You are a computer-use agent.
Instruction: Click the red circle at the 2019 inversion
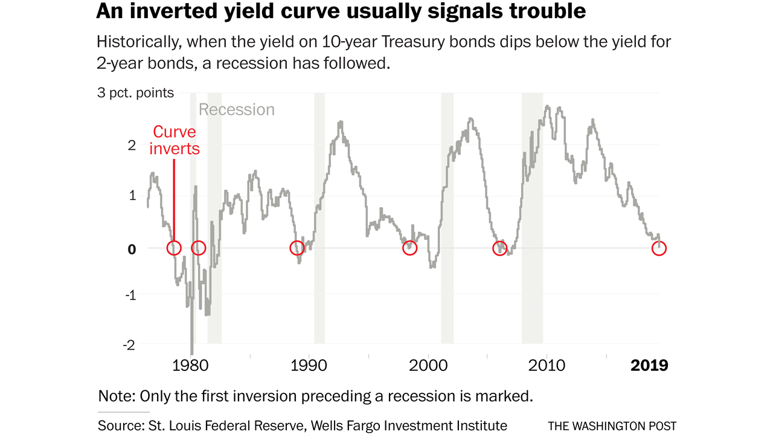(659, 248)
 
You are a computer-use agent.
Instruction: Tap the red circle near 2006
(499, 248)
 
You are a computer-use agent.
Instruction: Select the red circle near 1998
(409, 248)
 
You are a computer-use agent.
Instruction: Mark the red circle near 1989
(297, 248)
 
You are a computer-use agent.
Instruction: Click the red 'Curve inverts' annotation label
(175, 140)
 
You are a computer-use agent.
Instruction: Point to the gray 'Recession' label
(236, 110)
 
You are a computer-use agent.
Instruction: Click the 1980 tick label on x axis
(191, 366)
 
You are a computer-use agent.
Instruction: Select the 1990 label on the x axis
(310, 366)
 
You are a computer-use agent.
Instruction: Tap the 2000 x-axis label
(429, 366)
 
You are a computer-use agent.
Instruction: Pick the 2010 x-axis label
(547, 366)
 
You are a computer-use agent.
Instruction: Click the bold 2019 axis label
(649, 366)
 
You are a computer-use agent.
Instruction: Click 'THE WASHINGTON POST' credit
(612, 426)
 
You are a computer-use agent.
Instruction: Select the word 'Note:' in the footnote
(117, 396)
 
